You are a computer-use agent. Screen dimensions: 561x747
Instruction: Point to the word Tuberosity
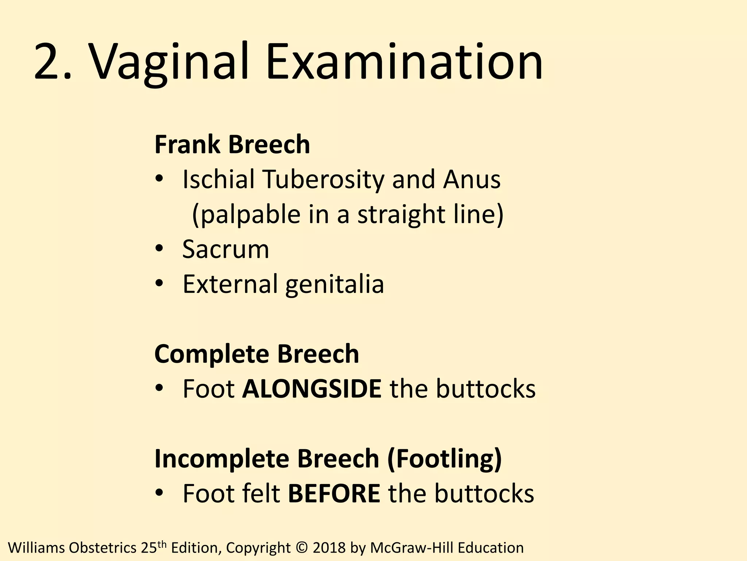tap(323, 180)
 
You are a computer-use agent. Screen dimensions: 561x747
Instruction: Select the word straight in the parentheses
tap(401, 214)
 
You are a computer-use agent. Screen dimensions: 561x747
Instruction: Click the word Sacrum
tap(225, 249)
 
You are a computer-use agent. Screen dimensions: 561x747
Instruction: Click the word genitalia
tap(334, 284)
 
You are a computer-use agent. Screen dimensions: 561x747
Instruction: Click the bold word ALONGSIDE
tap(312, 389)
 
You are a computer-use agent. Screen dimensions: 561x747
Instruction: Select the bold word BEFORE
tap(334, 493)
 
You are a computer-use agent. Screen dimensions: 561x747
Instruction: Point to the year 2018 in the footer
tap(329, 548)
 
